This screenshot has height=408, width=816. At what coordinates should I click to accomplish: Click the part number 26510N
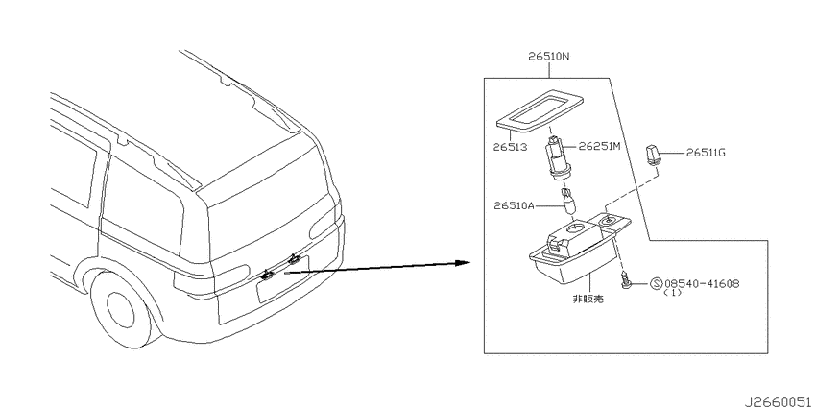(549, 57)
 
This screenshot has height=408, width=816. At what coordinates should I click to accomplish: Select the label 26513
(510, 147)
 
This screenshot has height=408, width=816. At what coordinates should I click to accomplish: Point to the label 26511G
(706, 153)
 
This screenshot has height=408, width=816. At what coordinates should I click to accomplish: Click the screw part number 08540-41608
(702, 283)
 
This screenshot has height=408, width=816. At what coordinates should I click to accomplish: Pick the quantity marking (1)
(672, 293)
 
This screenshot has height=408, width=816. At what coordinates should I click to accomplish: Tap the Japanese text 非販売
(588, 300)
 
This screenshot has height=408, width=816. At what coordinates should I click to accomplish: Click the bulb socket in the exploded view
(555, 157)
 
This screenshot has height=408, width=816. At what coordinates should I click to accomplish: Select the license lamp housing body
(579, 247)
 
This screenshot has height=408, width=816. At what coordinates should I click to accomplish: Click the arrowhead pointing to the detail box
(462, 262)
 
